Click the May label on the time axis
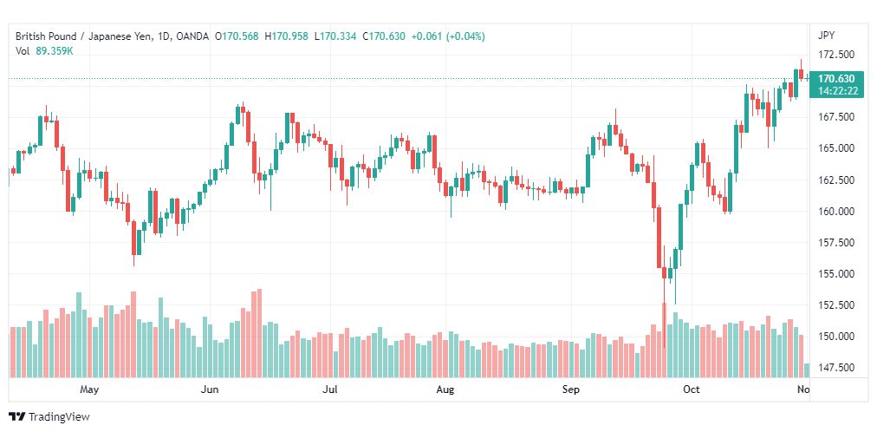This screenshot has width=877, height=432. click(89, 389)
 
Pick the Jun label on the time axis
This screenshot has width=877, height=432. click(210, 389)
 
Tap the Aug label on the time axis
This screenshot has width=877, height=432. click(445, 389)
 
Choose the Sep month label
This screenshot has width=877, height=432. click(572, 389)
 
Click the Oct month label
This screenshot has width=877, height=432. click(692, 389)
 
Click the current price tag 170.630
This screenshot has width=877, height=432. click(836, 79)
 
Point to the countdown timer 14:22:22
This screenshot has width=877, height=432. click(837, 91)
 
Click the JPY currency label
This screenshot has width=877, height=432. click(826, 36)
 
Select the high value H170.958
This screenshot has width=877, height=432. click(286, 36)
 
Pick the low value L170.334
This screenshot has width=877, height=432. click(335, 36)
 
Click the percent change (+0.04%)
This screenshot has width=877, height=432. click(465, 36)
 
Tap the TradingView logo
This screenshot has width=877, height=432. click(49, 416)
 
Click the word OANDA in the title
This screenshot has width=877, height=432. click(192, 36)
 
